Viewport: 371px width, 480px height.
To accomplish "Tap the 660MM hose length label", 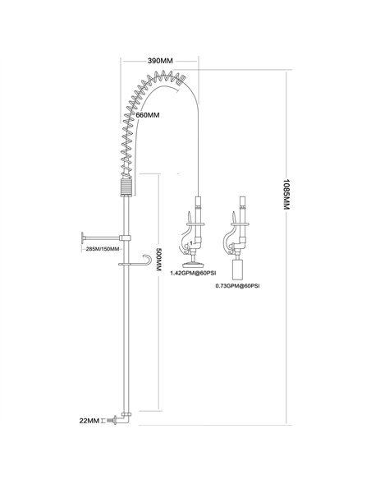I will coord(148,115).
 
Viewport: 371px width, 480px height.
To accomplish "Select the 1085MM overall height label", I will coord(286,197).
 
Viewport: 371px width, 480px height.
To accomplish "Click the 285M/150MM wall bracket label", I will coord(101,248).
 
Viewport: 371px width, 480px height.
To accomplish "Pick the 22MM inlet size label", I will coord(88,421).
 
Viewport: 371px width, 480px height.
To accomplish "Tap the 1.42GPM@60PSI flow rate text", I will coord(194,272).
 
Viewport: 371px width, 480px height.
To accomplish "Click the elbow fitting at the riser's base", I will coord(124,419).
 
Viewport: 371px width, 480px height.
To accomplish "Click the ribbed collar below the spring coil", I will coord(125,188).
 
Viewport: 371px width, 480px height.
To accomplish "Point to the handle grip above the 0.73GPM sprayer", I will coord(240,203).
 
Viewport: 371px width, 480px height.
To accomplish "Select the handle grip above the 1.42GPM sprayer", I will coord(196,203).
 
